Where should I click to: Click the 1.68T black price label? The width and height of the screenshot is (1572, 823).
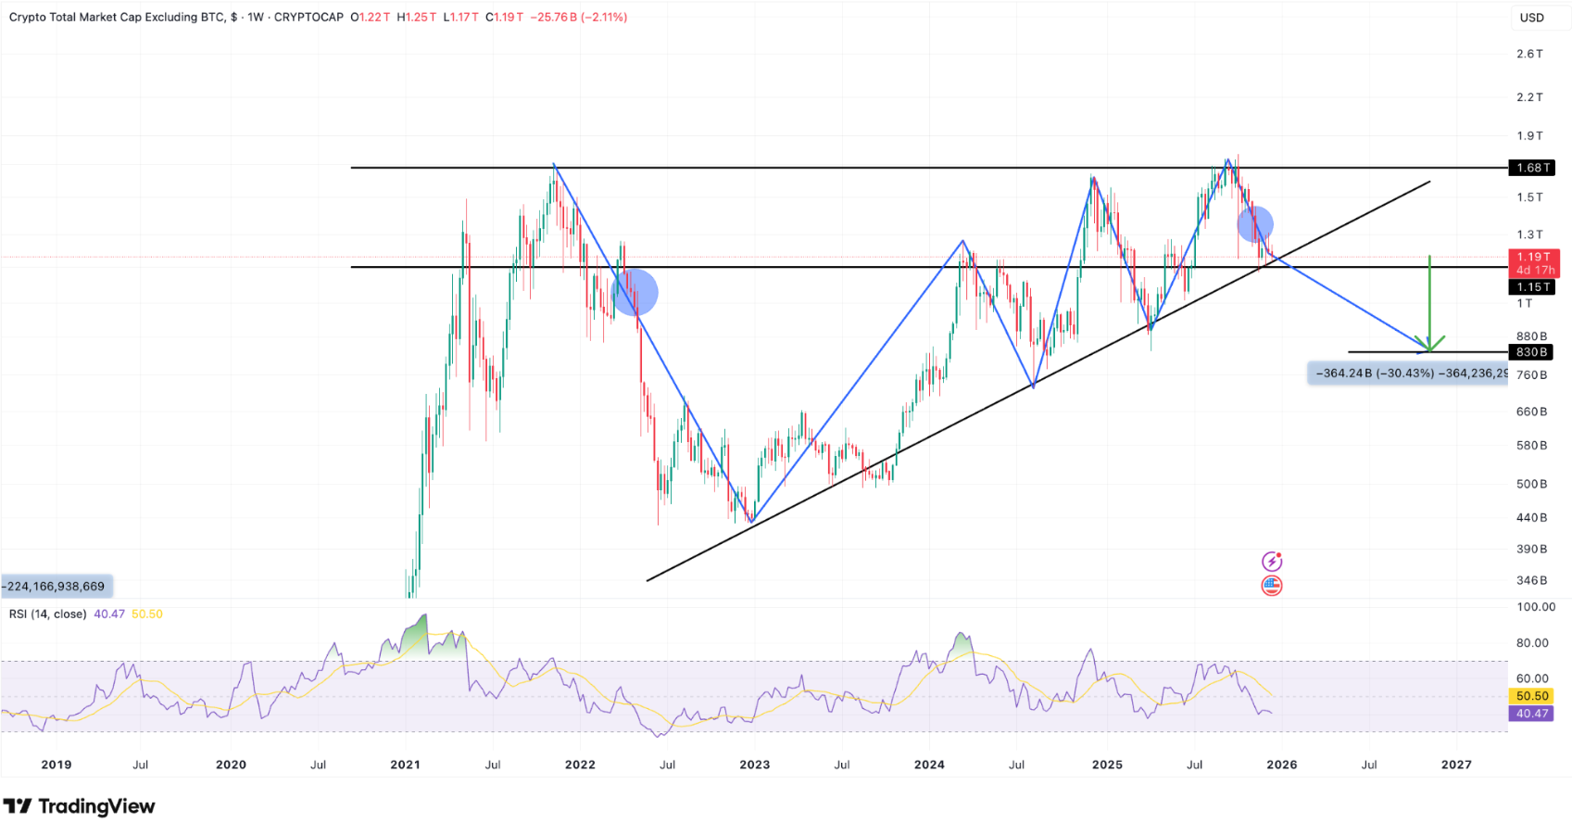tap(1531, 168)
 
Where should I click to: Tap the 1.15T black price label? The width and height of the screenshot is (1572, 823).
tap(1531, 287)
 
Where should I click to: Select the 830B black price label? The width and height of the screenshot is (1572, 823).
tap(1531, 352)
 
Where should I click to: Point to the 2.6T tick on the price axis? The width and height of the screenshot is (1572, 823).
tap(1529, 54)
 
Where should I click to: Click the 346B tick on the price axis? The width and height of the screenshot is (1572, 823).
tap(1531, 580)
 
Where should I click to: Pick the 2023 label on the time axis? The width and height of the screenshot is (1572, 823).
tap(754, 765)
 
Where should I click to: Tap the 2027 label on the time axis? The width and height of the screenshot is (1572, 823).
tap(1456, 765)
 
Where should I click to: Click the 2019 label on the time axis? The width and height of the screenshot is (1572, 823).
tap(57, 765)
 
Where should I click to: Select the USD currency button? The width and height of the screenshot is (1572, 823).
tap(1532, 18)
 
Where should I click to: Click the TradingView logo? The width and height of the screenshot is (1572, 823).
tap(80, 806)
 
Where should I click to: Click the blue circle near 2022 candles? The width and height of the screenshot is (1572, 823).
tap(635, 293)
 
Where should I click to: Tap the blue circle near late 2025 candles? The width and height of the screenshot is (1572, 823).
tap(1255, 223)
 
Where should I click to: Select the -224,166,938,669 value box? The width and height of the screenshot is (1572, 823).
tap(56, 586)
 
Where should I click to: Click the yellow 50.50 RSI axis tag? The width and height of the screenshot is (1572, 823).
tap(1532, 696)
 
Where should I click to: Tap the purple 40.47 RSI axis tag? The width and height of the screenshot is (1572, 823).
tap(1532, 714)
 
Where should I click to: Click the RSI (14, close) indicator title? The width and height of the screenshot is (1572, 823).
tap(48, 614)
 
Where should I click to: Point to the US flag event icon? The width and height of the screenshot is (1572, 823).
tap(1272, 586)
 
